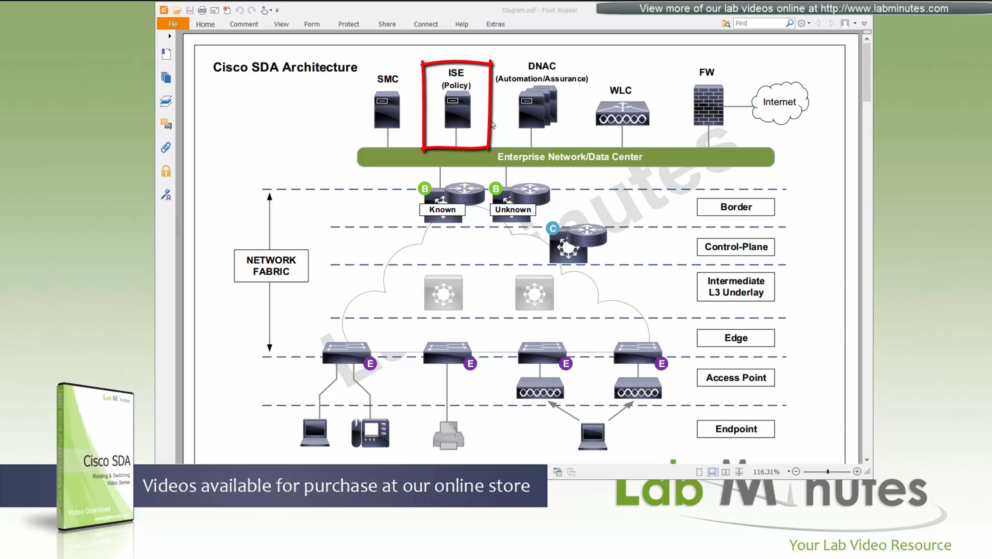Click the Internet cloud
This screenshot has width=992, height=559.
point(779,102)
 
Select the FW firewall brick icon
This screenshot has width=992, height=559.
point(708,105)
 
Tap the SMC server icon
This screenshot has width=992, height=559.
point(387,110)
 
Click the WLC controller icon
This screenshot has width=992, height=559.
point(622,114)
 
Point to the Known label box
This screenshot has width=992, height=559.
point(442,210)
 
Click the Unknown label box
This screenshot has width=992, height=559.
point(513,210)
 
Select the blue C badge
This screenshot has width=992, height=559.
point(552,229)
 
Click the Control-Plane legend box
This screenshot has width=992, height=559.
point(736,247)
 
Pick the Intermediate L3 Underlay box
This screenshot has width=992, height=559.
point(736,287)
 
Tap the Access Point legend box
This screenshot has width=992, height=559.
point(736,378)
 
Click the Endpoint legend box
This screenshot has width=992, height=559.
point(736,429)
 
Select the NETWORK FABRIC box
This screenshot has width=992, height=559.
point(271,266)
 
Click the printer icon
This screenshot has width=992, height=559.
point(448,436)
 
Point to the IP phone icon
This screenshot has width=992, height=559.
point(371,433)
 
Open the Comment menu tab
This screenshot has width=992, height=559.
point(244,24)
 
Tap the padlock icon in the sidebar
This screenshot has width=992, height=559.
point(166,171)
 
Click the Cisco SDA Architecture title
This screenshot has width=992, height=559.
point(285,68)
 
